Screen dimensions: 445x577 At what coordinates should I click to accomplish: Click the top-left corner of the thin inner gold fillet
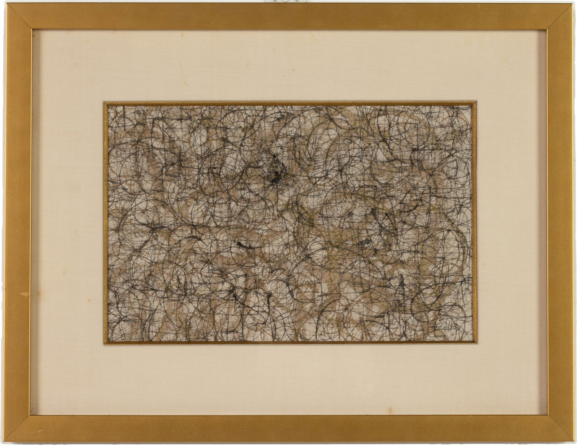(x=105, y=104)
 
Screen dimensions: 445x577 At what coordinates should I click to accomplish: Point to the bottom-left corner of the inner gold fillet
(x=105, y=343)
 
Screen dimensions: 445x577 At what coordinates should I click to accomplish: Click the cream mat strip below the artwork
(x=288, y=379)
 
